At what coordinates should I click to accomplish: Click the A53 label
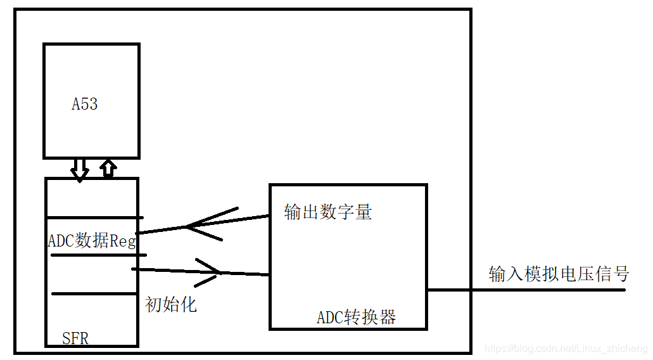point(84,105)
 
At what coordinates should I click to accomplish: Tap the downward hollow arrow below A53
point(80,169)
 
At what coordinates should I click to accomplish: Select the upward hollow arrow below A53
point(109,169)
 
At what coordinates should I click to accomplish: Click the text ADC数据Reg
point(92,241)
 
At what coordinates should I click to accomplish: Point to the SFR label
point(75,338)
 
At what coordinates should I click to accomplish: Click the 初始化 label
point(171,304)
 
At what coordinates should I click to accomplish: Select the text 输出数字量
point(328,212)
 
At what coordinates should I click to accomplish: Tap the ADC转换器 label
point(357,318)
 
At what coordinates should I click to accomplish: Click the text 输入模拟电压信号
point(559,274)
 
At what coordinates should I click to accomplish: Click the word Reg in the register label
point(123,241)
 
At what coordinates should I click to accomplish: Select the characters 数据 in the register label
point(92,241)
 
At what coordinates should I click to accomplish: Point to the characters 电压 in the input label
point(577,274)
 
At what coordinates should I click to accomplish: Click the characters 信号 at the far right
point(612,274)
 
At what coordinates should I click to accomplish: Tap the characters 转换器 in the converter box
point(371,318)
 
